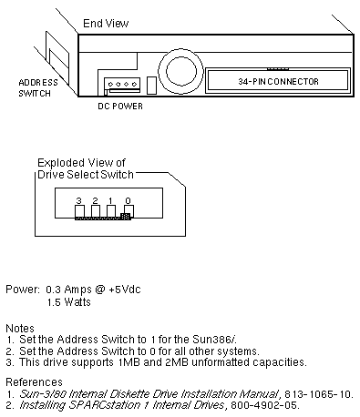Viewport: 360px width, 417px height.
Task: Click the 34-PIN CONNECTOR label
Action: click(278, 81)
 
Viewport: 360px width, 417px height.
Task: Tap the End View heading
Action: click(106, 24)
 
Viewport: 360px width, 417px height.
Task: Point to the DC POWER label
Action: click(120, 106)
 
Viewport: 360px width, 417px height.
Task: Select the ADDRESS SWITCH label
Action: click(38, 87)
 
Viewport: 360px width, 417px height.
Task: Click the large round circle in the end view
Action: click(180, 72)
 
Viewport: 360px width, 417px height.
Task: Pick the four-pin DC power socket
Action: click(122, 85)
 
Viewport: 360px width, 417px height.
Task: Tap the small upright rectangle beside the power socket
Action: click(151, 86)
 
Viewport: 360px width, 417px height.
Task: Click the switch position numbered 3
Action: click(79, 210)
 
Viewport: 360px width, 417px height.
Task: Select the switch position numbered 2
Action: click(96, 210)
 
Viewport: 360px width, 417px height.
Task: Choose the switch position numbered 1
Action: click(111, 210)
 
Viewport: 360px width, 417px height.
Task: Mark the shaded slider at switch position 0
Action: click(126, 216)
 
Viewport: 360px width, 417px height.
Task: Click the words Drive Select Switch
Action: click(86, 175)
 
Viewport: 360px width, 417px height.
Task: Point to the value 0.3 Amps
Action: click(68, 290)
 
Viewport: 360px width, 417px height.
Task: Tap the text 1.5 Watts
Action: click(69, 302)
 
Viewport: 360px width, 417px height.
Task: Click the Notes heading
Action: click(20, 328)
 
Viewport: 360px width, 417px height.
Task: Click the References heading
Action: click(34, 381)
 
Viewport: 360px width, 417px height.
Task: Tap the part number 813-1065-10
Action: click(318, 394)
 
